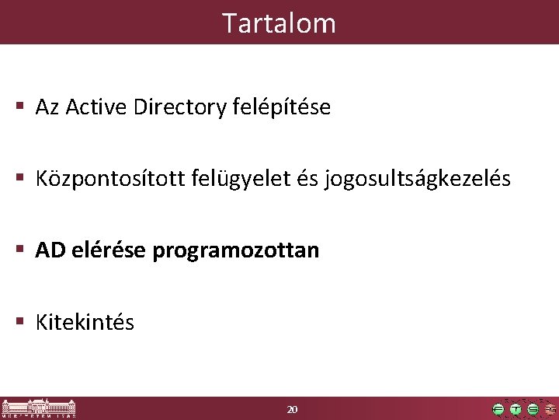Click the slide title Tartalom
click(279, 23)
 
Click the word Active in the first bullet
click(96, 107)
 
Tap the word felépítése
click(282, 107)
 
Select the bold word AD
click(50, 250)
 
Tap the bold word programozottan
click(236, 250)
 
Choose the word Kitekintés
click(85, 322)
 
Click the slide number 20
click(292, 409)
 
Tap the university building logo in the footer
click(39, 408)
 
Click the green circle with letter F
click(498, 409)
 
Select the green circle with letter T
click(516, 409)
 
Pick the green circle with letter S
click(533, 409)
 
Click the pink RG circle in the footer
click(550, 409)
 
